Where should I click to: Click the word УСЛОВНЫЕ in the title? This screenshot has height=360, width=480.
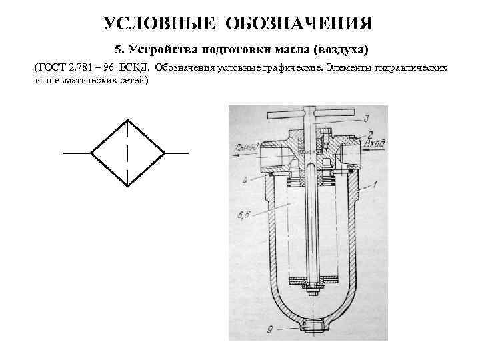(160, 24)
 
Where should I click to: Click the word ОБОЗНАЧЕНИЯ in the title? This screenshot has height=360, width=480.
(299, 24)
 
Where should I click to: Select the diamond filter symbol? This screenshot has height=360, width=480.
(127, 153)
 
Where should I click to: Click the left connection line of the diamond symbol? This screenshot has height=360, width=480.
(77, 153)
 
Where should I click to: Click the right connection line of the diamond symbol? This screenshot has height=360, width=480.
(177, 153)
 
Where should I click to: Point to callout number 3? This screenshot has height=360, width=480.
(367, 119)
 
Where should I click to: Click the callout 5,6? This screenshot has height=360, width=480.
(243, 214)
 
